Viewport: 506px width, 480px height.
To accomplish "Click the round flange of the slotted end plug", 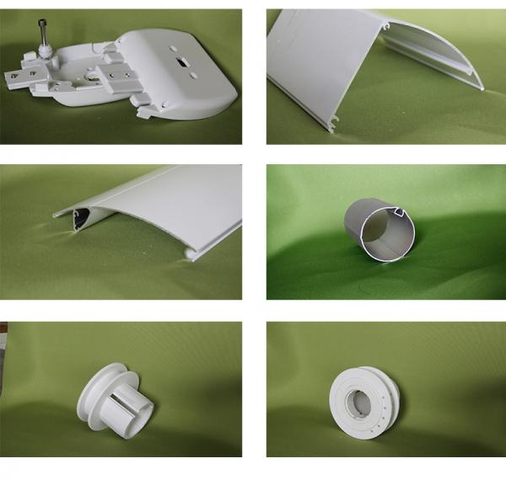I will pyautogui.click(x=94, y=392).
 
